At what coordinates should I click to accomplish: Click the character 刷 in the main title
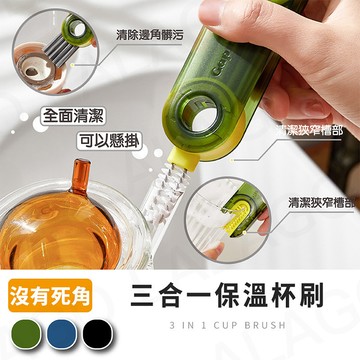pos(318,295)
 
